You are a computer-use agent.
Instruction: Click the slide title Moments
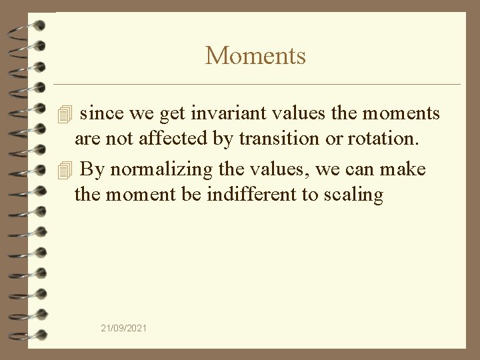point(255,55)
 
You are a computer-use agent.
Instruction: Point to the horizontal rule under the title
point(257,85)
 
